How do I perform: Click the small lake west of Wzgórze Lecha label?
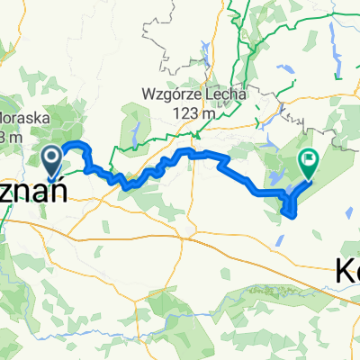[132, 130]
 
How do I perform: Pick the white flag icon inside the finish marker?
[310, 160]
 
